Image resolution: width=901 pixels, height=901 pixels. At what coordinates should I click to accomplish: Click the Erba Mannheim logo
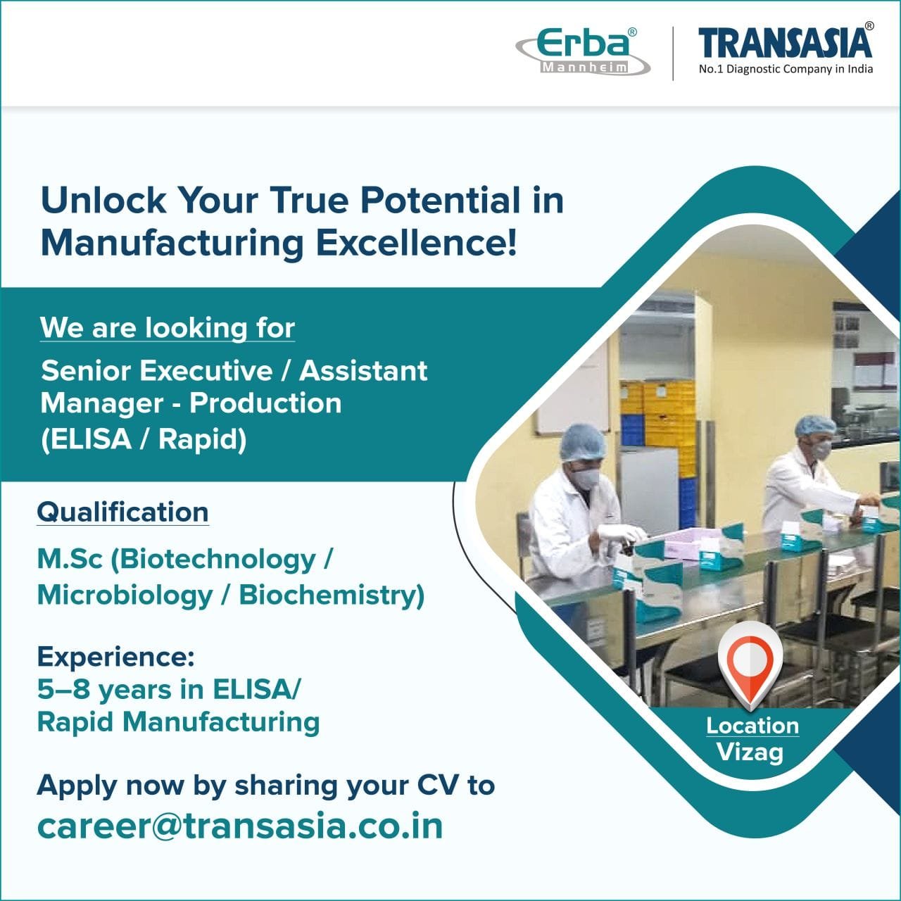583,51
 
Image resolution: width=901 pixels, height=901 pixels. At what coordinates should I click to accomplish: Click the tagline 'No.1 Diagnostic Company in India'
786,69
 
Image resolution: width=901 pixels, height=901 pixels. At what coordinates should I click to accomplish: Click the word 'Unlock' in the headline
103,200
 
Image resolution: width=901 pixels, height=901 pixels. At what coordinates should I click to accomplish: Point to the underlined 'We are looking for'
168,328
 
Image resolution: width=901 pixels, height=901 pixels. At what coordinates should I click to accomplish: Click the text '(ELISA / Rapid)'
144,439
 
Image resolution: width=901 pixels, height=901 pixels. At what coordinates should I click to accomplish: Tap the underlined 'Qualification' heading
122,512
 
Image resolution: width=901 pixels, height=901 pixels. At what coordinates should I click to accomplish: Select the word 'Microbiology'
125,595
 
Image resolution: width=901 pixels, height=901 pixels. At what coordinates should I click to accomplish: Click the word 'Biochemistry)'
332,595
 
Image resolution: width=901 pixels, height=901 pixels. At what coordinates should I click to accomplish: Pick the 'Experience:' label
115,656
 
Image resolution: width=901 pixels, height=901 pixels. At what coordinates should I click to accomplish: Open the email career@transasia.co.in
240,826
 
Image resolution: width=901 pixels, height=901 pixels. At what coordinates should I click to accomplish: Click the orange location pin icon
750,662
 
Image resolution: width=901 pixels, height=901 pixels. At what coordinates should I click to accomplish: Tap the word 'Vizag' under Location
750,752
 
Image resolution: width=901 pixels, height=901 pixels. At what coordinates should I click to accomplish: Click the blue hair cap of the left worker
583,442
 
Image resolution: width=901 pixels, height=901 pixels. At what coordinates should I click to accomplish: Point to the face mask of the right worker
820,450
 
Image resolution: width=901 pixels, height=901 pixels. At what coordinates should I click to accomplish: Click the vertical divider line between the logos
673,53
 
